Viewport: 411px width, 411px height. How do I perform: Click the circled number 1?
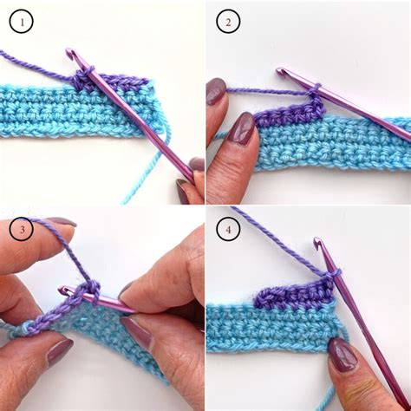pyautogui.click(x=22, y=21)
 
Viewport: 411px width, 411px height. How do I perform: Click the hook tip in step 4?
pyautogui.click(x=317, y=243)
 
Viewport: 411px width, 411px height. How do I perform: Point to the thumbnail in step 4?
pyautogui.click(x=342, y=354)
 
